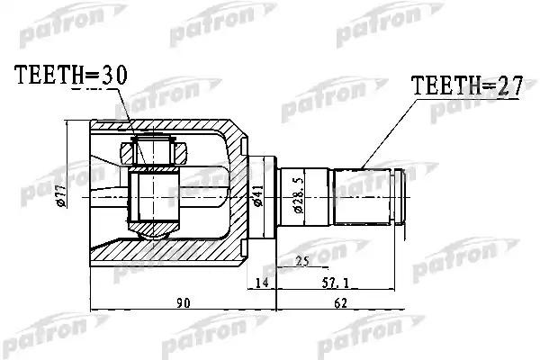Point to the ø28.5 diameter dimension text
294,193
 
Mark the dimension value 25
302,262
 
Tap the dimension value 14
262,283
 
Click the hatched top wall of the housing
180,126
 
